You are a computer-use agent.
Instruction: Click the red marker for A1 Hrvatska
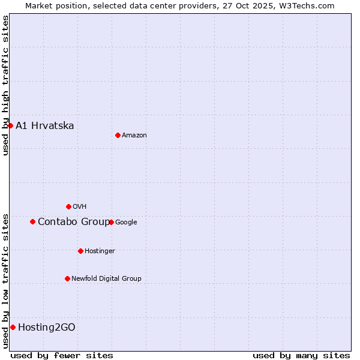(11, 125)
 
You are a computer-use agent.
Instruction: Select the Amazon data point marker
(118, 135)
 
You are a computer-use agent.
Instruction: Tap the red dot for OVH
(68, 206)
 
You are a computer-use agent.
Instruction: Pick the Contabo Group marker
(32, 221)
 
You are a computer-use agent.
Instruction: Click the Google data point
(111, 222)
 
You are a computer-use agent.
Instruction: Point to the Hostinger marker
(80, 251)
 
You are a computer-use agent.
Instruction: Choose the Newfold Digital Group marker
(67, 278)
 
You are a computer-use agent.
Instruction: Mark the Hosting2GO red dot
(13, 327)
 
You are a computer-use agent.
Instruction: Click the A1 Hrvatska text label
(45, 125)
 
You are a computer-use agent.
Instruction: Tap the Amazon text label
(134, 136)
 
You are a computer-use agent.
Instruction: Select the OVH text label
(80, 207)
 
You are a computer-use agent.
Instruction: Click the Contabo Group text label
(74, 222)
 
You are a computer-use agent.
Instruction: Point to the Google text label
(126, 223)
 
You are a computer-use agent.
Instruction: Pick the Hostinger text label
(100, 251)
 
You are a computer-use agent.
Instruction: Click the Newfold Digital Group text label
(106, 278)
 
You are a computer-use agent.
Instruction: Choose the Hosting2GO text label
(47, 328)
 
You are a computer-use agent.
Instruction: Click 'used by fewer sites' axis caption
(62, 355)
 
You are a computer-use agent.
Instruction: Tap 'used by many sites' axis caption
(301, 355)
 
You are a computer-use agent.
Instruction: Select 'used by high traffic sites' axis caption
(5, 85)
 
